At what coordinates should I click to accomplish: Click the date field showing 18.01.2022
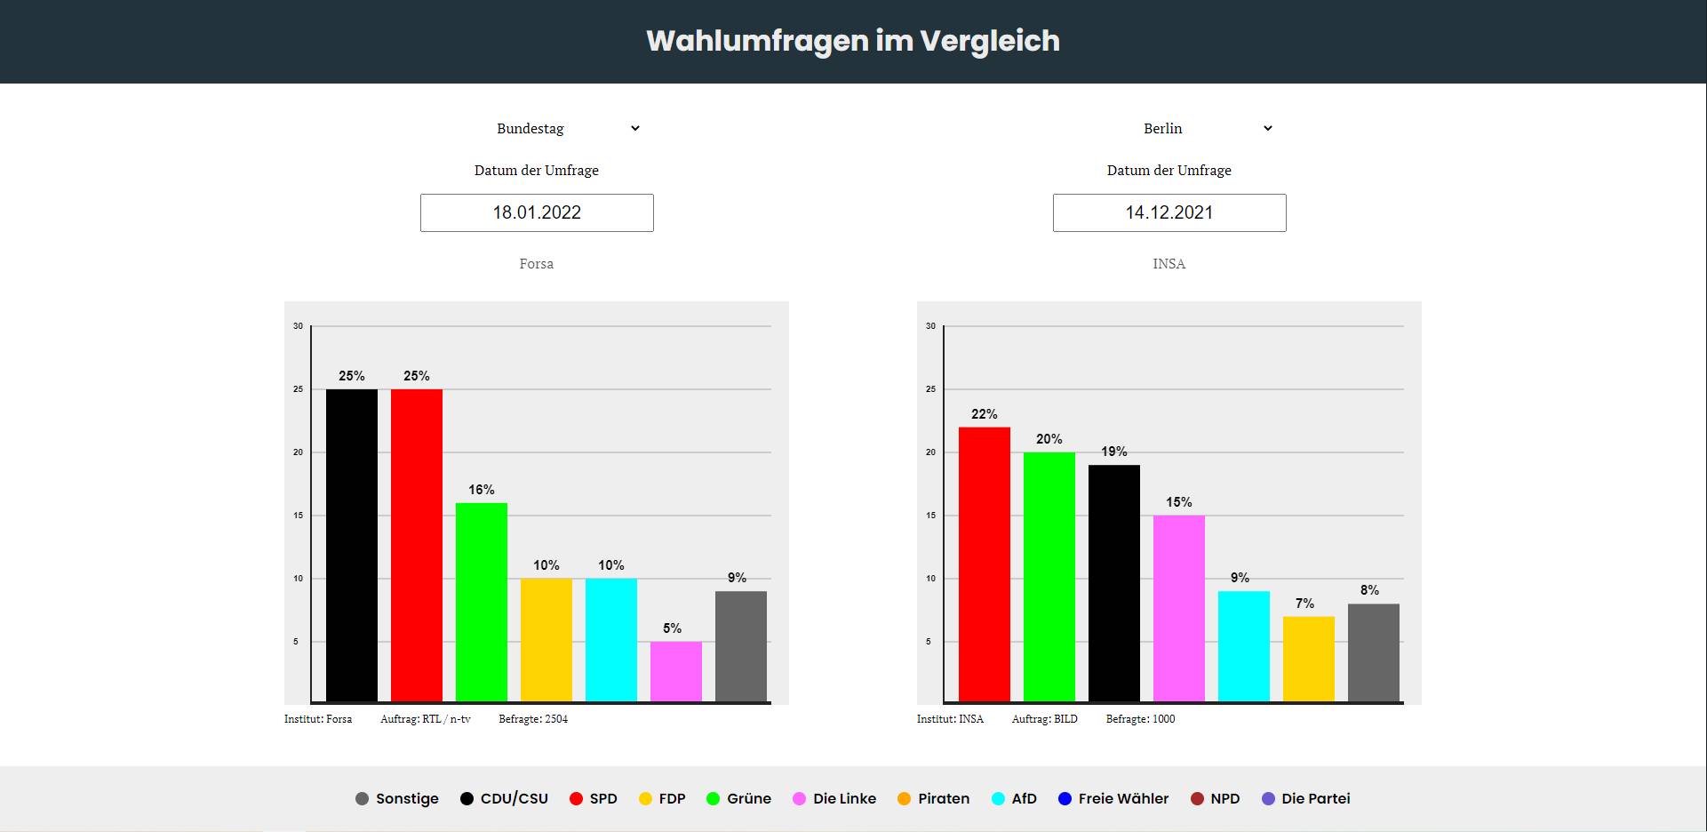(537, 212)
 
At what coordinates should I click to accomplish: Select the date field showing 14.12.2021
(1169, 212)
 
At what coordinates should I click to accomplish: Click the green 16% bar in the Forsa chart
(482, 602)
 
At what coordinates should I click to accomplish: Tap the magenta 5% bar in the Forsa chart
(676, 671)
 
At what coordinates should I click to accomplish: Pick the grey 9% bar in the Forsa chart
(741, 646)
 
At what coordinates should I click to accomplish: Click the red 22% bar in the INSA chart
(985, 564)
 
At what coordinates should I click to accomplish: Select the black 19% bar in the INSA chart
(1114, 583)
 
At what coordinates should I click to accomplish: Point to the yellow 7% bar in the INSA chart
(1309, 659)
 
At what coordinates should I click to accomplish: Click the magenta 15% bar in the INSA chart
(1179, 608)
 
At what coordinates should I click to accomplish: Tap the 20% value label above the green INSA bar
(1049, 439)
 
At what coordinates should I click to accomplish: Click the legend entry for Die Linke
(834, 798)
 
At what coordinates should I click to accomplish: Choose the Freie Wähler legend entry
(1113, 798)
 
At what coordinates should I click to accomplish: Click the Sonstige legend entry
(397, 798)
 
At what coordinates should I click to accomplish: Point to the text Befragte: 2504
(533, 719)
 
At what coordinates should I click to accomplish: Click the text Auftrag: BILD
(1044, 719)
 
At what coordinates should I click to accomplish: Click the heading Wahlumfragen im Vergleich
(853, 41)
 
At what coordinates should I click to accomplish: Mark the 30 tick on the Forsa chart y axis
(299, 326)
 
